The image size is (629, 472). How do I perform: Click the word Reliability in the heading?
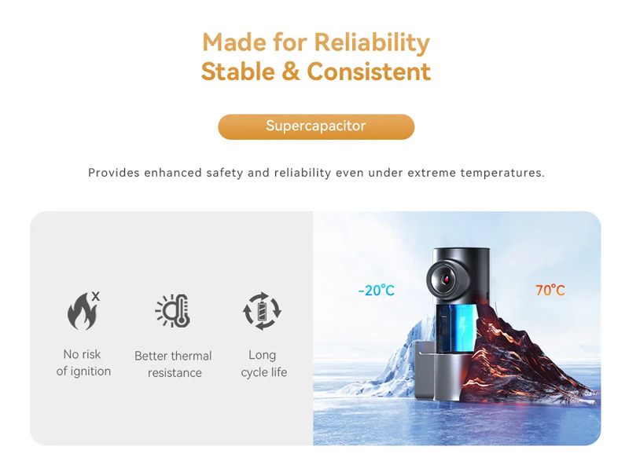coord(372,43)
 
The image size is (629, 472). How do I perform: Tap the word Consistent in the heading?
coord(369,71)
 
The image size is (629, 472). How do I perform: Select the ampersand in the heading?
coord(291,71)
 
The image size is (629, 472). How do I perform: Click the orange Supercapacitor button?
coord(316,126)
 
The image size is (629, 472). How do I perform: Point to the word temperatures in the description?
coord(502,173)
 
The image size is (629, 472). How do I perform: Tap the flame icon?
coord(83,311)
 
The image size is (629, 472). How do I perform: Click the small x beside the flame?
coord(95,297)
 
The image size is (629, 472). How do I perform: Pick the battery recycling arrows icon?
coord(262,311)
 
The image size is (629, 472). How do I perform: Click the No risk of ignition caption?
coord(83,363)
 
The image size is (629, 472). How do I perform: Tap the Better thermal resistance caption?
coord(173,364)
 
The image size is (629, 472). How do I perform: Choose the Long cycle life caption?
coord(263,364)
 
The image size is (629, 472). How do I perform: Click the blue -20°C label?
coord(377,290)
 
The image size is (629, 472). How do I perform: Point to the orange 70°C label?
coord(550,290)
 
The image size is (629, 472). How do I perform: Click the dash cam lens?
coord(444,280)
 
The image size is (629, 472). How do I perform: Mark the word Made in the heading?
coord(234,42)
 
